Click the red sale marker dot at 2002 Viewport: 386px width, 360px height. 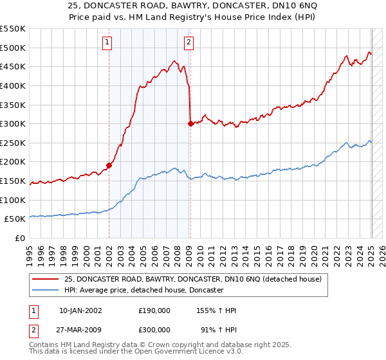[109, 165]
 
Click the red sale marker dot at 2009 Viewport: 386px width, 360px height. [190, 123]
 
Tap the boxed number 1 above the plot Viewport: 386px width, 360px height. [107, 43]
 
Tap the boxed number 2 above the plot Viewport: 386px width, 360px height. [188, 43]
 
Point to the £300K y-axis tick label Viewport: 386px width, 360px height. [13, 123]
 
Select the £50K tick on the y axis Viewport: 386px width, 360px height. [15, 219]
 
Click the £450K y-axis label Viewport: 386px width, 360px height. [13, 66]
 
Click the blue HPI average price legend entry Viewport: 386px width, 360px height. [143, 291]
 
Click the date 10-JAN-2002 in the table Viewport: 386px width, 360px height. [80, 310]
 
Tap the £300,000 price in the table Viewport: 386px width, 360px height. [154, 330]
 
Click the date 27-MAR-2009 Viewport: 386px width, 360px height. [80, 330]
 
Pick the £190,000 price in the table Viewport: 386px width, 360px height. [154, 310]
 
